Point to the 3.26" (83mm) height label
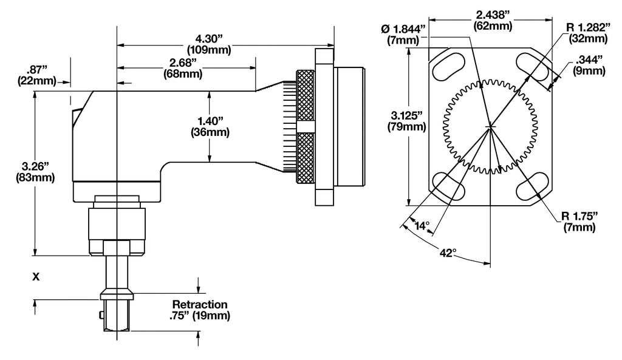pyautogui.click(x=38, y=172)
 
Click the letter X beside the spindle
pyautogui.click(x=36, y=277)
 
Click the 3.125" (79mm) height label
pyautogui.click(x=406, y=121)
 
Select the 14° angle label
pyautogui.click(x=422, y=225)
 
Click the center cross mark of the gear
pyautogui.click(x=490, y=126)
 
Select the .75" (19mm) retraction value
pyautogui.click(x=200, y=316)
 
